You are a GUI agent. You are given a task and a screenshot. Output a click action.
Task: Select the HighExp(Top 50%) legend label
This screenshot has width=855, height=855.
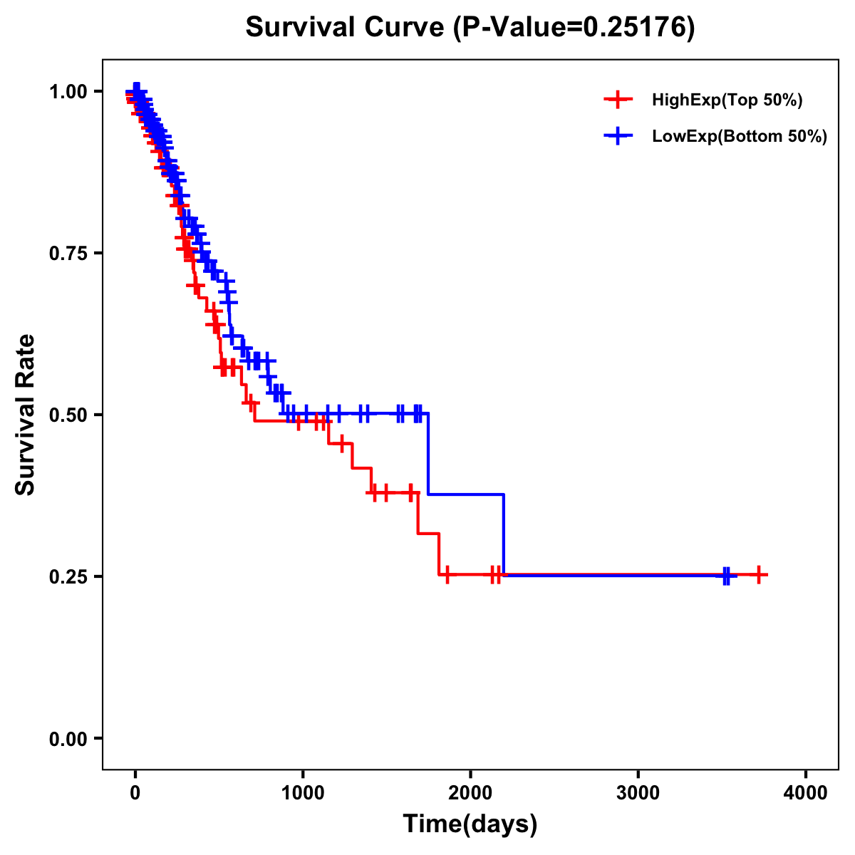727,100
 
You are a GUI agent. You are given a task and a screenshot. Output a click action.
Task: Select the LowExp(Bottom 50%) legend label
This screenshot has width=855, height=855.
740,137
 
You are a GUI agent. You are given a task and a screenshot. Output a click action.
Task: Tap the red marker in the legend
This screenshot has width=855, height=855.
618,100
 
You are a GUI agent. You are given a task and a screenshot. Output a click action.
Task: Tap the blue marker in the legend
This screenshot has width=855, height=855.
618,136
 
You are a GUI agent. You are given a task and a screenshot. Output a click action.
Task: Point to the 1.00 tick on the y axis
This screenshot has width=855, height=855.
68,92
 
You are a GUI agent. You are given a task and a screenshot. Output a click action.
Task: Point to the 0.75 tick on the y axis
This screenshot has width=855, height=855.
68,254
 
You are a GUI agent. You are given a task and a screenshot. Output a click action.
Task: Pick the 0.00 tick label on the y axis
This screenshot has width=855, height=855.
68,739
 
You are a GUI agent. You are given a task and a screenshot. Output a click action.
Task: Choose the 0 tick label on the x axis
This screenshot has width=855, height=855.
135,792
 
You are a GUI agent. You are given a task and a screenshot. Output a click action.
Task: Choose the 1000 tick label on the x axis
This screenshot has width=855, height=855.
303,792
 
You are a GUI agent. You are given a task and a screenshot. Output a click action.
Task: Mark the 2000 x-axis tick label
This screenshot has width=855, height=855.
470,792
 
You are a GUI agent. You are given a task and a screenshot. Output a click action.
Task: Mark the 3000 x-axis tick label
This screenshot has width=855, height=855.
638,792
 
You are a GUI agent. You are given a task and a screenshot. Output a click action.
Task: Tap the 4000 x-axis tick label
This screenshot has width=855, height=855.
805,792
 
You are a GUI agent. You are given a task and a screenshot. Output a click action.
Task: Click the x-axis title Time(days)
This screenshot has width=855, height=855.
470,824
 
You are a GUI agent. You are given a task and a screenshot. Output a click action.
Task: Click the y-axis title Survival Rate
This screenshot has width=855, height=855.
26,415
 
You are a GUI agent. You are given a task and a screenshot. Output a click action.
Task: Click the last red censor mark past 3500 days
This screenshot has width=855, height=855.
760,574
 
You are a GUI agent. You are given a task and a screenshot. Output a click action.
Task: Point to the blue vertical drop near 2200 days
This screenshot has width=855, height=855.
504,534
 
